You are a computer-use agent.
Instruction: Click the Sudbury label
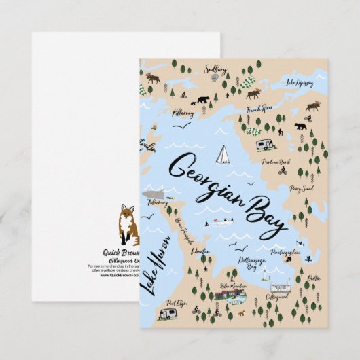click(x=216, y=69)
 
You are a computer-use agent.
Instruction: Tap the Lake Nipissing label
click(x=300, y=83)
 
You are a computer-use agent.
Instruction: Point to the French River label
click(x=259, y=108)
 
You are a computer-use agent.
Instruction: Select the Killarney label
click(x=183, y=113)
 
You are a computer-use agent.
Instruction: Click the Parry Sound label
click(x=300, y=188)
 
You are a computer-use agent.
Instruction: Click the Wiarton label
click(x=200, y=251)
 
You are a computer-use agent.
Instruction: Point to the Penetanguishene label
click(x=285, y=251)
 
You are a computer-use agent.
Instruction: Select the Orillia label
click(x=314, y=277)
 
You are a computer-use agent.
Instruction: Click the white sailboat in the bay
click(x=222, y=156)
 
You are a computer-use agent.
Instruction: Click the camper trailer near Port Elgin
click(x=168, y=314)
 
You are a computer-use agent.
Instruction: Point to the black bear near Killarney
click(x=202, y=101)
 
